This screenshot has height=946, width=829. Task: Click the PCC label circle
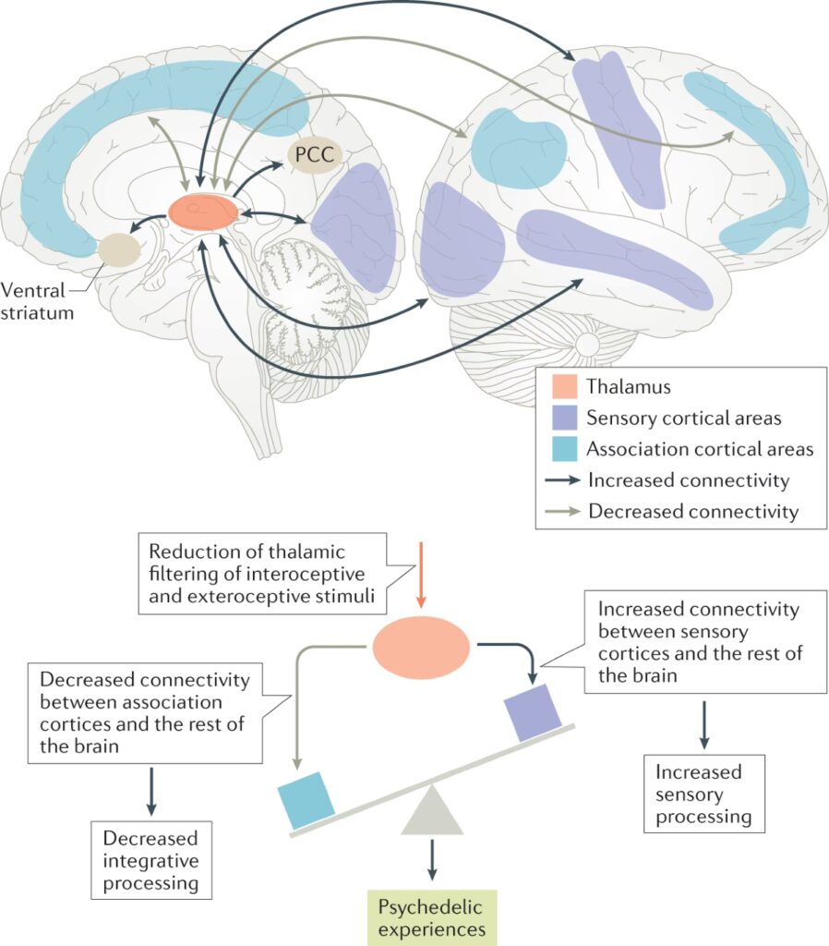315,154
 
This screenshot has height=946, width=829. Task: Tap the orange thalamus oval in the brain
204,212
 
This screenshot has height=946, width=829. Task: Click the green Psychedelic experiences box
431,916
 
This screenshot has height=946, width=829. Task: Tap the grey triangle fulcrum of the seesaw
431,813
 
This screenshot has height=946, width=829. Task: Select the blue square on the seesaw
306,799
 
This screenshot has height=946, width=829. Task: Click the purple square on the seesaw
533,712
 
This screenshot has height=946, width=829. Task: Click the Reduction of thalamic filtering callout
263,573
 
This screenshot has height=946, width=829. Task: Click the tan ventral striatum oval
121,250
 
